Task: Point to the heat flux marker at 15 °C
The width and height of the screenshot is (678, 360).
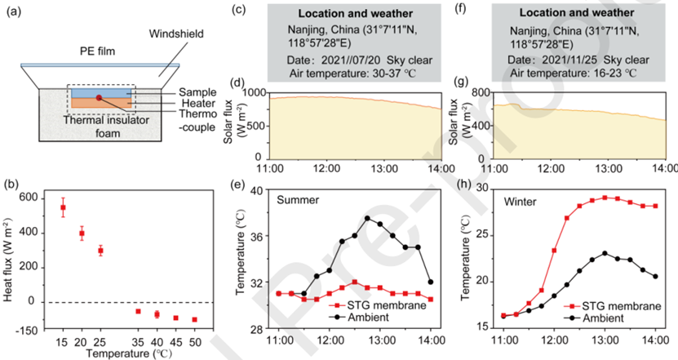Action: (x=63, y=207)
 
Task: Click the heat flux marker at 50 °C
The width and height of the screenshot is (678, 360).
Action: (x=194, y=319)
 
